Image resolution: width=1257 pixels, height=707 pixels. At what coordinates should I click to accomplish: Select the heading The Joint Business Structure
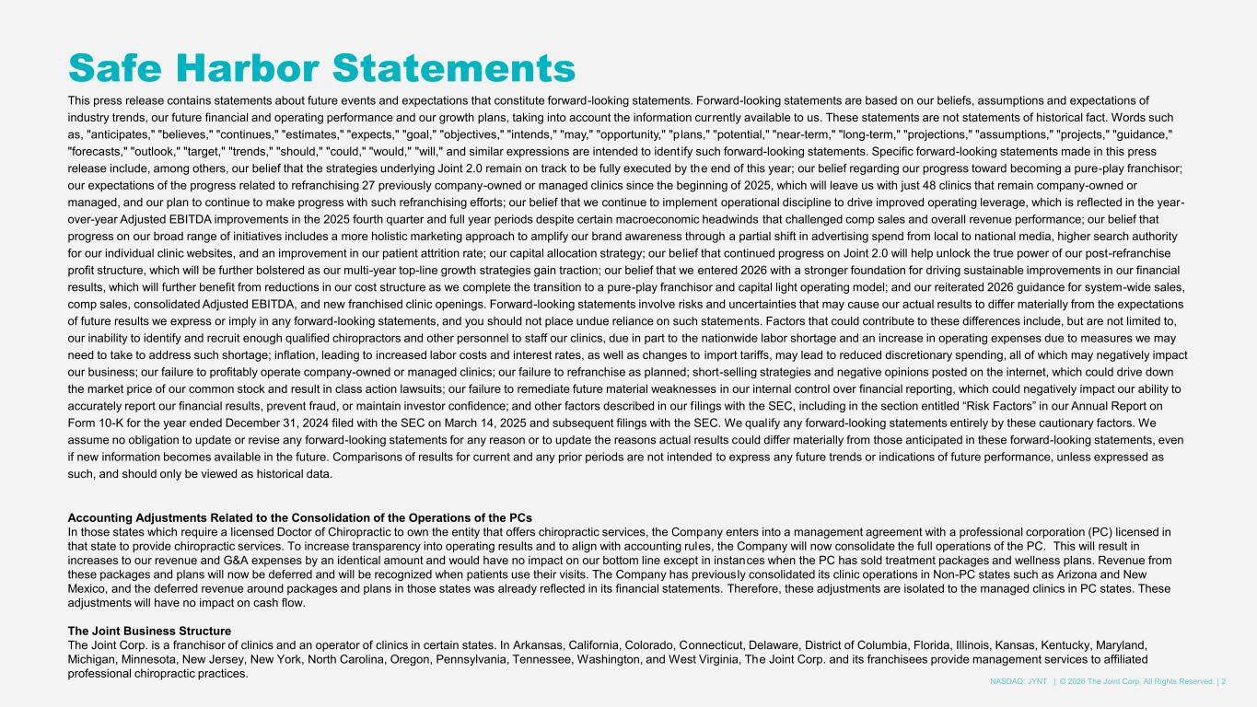(149, 631)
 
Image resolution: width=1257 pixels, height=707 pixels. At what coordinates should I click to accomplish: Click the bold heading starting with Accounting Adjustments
(300, 516)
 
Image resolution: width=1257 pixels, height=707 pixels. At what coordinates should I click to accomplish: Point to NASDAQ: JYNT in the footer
(1018, 681)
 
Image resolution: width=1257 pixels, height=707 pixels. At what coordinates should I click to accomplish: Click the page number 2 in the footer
(1224, 681)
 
